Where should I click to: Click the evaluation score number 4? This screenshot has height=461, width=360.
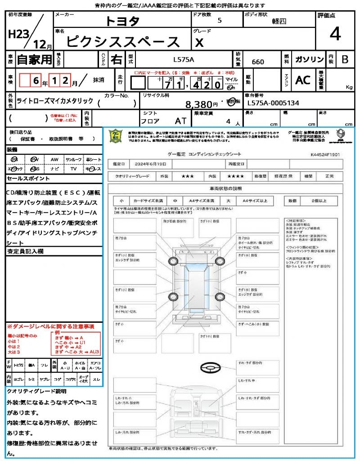[335, 34]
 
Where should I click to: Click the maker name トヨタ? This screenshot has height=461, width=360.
[122, 21]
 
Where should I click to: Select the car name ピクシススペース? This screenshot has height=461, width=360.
[123, 41]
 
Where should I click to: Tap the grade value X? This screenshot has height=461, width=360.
[199, 42]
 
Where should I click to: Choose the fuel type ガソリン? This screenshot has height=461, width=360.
[309, 59]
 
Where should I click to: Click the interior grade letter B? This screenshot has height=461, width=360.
[345, 59]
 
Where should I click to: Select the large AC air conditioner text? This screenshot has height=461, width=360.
[303, 80]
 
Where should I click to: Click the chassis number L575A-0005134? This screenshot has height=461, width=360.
[273, 103]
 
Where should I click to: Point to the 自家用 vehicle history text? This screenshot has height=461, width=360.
[34, 59]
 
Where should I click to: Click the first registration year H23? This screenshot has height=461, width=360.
[18, 34]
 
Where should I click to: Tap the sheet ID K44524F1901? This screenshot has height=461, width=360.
[325, 154]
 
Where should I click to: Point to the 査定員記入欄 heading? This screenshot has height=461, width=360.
[25, 251]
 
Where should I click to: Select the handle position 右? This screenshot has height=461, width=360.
[116, 59]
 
